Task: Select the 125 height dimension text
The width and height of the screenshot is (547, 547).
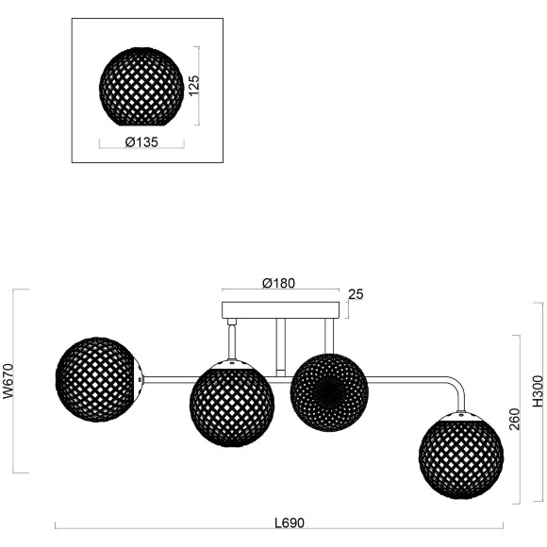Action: click(x=192, y=88)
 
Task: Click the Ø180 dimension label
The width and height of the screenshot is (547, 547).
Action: click(x=279, y=282)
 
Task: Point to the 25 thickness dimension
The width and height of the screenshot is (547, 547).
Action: click(x=356, y=295)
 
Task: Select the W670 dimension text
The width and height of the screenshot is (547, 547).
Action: click(x=8, y=382)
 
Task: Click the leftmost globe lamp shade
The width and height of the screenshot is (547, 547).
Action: click(x=98, y=380)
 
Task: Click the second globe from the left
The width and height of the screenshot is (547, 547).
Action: click(x=232, y=404)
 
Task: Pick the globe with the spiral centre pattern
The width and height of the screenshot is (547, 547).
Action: click(x=328, y=390)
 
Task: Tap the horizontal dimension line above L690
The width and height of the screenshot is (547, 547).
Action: click(x=279, y=531)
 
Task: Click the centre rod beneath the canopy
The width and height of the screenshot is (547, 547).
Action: click(x=280, y=344)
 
